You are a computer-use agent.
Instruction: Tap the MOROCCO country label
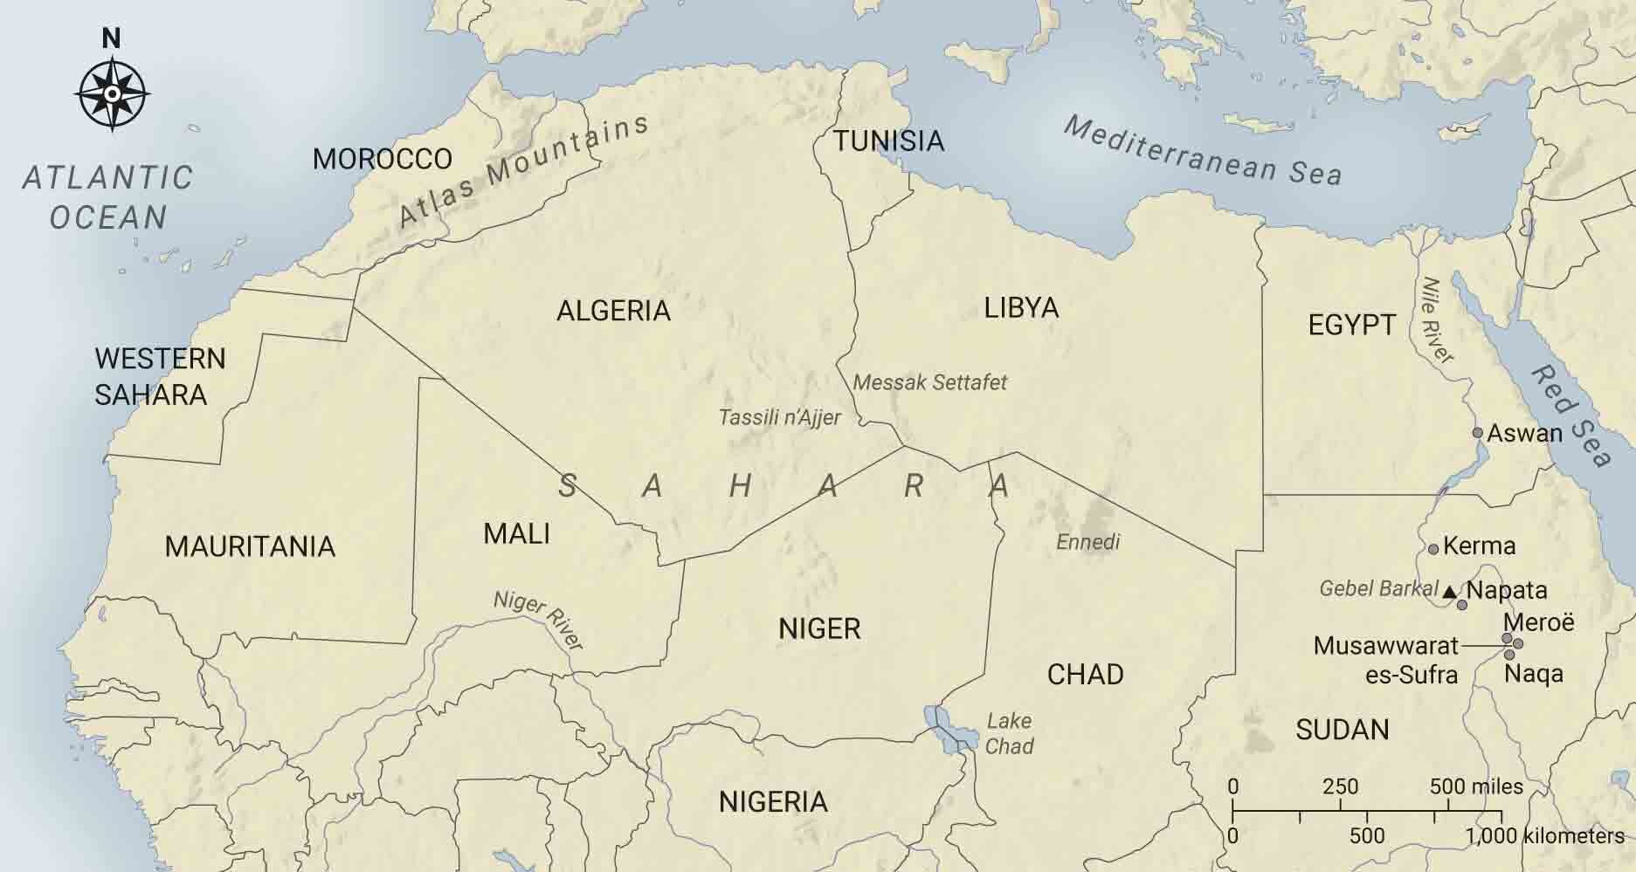[383, 159]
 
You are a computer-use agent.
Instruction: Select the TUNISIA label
[888, 141]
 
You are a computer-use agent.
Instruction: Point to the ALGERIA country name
[614, 311]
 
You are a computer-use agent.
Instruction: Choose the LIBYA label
[1021, 307]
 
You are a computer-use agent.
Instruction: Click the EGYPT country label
[1351, 325]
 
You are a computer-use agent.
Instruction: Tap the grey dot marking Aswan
[1478, 433]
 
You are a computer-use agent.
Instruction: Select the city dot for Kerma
[1433, 549]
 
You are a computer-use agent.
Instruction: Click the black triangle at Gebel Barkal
[1450, 592]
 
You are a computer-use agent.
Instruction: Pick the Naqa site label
[1534, 674]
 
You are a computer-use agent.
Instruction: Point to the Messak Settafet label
[929, 382]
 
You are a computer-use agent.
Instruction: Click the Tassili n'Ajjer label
[779, 417]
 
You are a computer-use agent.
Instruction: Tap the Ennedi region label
[1087, 542]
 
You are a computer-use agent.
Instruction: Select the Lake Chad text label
[1009, 733]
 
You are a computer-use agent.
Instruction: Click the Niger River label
[538, 620]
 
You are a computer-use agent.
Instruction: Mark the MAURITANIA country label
[250, 546]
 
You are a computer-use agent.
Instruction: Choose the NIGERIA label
[773, 801]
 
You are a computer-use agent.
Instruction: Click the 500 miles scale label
[1476, 786]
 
